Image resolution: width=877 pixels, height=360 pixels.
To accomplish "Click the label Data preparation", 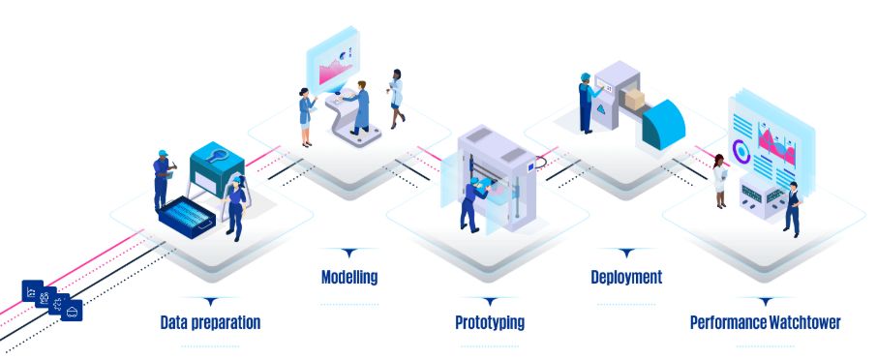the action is point(210,321).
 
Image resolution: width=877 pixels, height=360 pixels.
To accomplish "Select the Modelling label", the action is point(348,278).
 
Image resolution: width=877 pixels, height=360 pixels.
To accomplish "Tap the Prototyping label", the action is point(490,321).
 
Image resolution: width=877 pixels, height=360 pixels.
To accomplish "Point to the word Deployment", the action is point(626,278).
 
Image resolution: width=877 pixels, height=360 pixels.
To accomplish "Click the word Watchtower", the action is point(805,321).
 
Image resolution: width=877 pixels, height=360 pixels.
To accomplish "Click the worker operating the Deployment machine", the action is point(586,103).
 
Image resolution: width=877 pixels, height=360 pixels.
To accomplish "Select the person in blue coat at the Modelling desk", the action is point(360,106).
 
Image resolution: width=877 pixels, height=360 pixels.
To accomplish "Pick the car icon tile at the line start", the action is point(74,310).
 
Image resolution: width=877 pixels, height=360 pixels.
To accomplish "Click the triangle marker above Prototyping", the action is point(490,301).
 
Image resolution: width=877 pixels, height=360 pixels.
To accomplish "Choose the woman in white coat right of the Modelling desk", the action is point(396,98).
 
